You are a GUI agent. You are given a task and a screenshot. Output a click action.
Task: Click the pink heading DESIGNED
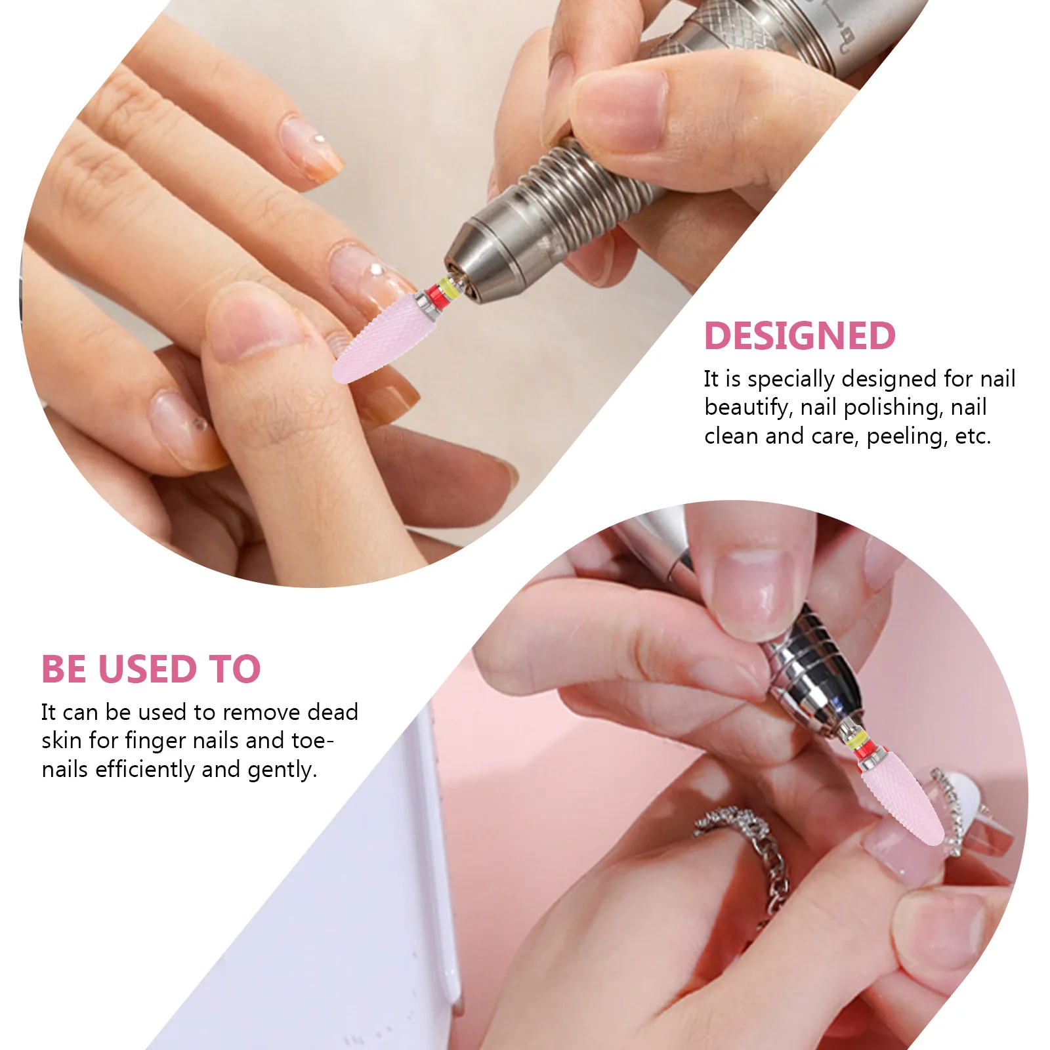tap(799, 336)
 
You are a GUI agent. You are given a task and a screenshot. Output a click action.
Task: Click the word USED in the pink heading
tap(147, 669)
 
